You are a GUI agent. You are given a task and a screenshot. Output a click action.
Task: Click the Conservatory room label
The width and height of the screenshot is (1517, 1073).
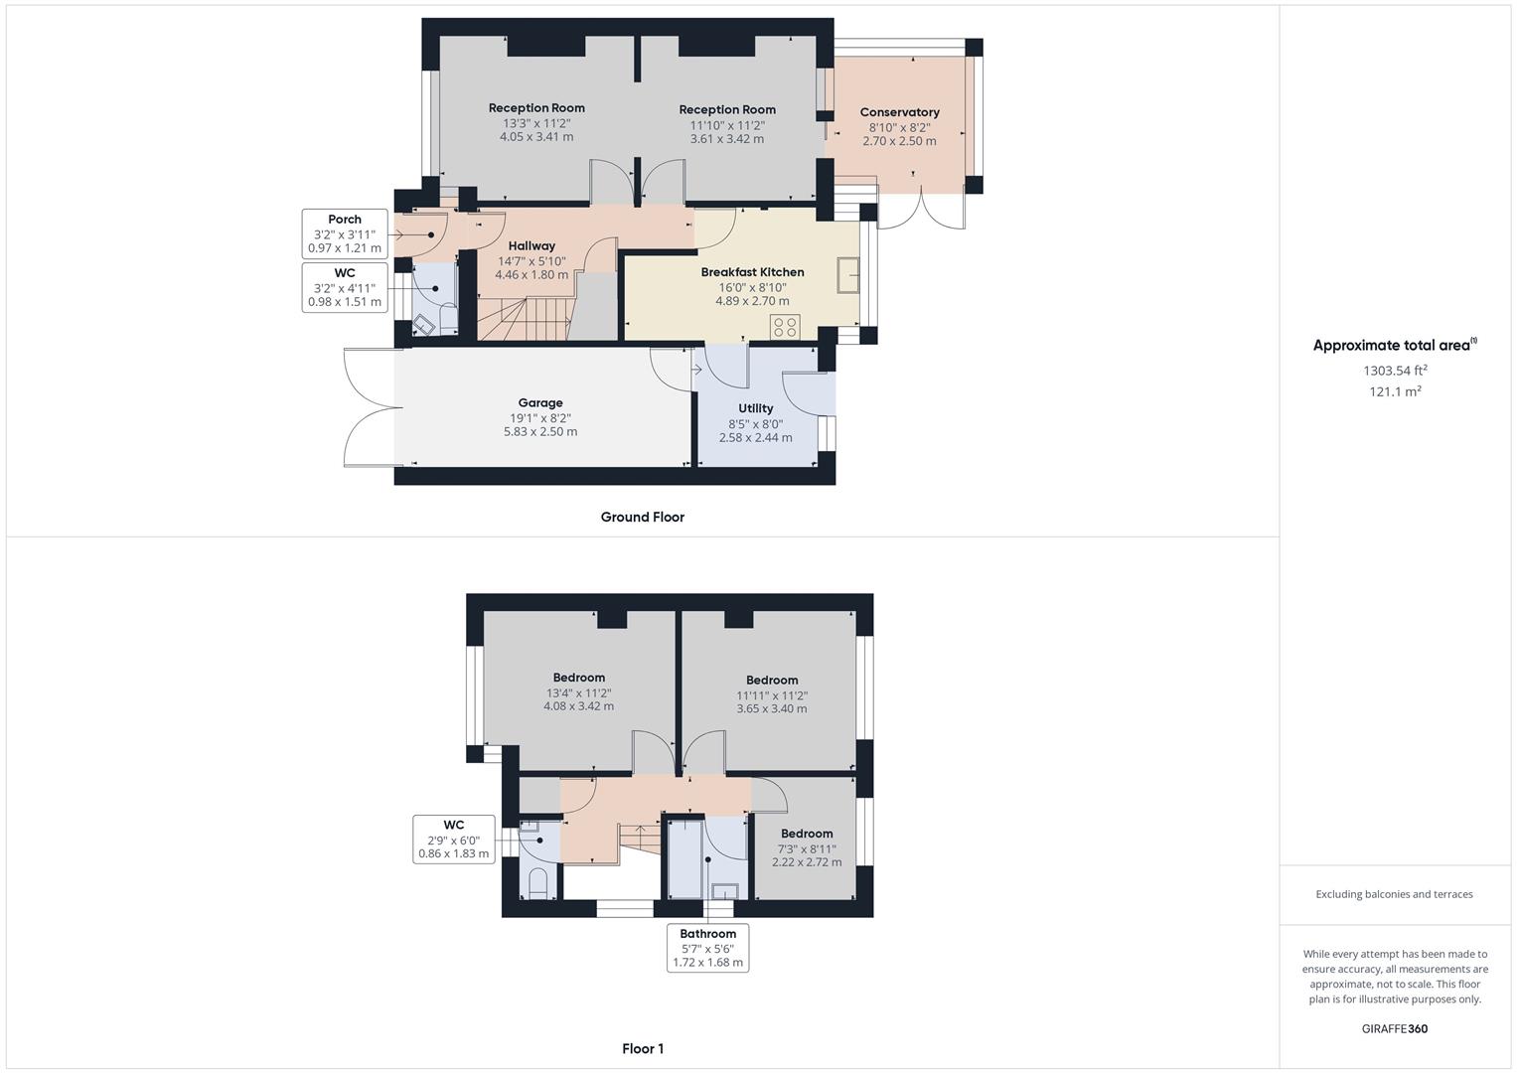pyautogui.click(x=899, y=112)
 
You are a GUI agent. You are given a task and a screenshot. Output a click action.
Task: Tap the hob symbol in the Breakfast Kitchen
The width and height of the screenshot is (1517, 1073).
pyautogui.click(x=785, y=326)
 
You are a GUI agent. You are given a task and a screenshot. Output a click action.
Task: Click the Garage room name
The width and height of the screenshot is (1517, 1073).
pyautogui.click(x=540, y=402)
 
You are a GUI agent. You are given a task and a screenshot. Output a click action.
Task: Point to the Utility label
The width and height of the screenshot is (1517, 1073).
pyautogui.click(x=755, y=408)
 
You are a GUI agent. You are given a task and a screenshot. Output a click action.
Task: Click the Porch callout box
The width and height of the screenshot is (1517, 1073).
pyautogui.click(x=344, y=233)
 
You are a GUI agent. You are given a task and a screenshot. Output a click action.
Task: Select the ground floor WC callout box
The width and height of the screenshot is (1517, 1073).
pyautogui.click(x=344, y=287)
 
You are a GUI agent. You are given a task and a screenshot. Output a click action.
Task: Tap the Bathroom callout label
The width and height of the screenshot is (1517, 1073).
pyautogui.click(x=707, y=948)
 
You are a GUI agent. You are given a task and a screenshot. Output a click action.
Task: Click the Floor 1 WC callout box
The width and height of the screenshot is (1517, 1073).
pyautogui.click(x=453, y=839)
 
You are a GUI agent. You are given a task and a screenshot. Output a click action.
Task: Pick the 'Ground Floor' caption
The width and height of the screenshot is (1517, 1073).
pyautogui.click(x=642, y=517)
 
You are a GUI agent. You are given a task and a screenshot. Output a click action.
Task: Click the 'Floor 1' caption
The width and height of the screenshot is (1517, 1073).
pyautogui.click(x=642, y=1048)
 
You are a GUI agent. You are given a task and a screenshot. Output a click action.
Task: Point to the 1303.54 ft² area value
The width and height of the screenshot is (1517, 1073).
pyautogui.click(x=1395, y=371)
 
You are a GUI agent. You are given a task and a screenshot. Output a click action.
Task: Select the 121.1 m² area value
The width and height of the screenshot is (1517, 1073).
pyautogui.click(x=1395, y=391)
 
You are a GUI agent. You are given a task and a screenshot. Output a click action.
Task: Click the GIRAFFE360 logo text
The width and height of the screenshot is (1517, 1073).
pyautogui.click(x=1395, y=1028)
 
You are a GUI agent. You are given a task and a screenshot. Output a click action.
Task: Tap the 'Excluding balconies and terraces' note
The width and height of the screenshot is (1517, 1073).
pyautogui.click(x=1395, y=894)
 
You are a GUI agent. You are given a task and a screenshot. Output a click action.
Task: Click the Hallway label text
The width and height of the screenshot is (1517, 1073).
pyautogui.click(x=531, y=245)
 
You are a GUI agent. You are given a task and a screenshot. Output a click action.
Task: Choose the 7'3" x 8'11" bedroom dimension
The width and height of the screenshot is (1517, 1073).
pyautogui.click(x=807, y=849)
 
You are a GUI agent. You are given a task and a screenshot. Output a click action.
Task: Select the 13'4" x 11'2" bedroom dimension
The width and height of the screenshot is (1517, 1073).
pyautogui.click(x=578, y=693)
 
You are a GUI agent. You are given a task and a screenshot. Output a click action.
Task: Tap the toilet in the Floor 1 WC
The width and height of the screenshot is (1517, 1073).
pyautogui.click(x=537, y=883)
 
